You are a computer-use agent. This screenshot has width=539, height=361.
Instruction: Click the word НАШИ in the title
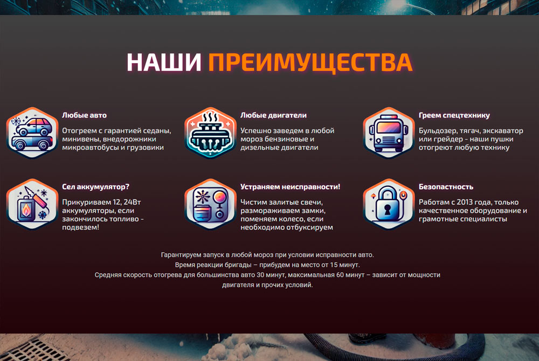pos(164,62)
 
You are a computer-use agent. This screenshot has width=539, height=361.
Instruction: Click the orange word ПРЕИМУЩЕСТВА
pos(310,63)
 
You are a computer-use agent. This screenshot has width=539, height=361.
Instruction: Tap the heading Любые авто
pos(84,115)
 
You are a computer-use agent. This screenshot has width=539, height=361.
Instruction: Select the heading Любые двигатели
pos(273,115)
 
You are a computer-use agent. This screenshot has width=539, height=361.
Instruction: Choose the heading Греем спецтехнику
pos(454,116)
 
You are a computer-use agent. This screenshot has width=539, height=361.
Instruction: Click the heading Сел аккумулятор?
pos(95,187)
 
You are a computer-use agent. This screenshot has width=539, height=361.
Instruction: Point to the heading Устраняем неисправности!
pos(290,187)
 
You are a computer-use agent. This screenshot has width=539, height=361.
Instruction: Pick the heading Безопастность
pos(446,187)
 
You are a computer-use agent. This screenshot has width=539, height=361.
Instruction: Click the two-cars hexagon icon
pos(32,133)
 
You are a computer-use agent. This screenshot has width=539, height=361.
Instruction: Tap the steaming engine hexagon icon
pos(210,133)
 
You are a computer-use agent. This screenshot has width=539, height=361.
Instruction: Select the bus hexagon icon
pos(389,133)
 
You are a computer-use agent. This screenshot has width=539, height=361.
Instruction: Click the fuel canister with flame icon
pos(32,204)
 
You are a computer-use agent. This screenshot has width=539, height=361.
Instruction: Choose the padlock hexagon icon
pos(389,204)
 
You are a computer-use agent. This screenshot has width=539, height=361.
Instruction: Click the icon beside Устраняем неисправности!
pos(210,204)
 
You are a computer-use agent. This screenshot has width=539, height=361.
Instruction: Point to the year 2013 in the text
pos(472,202)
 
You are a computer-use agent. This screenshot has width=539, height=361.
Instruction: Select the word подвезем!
pos(80,227)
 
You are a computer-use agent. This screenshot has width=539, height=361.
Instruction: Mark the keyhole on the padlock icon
pos(388,210)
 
